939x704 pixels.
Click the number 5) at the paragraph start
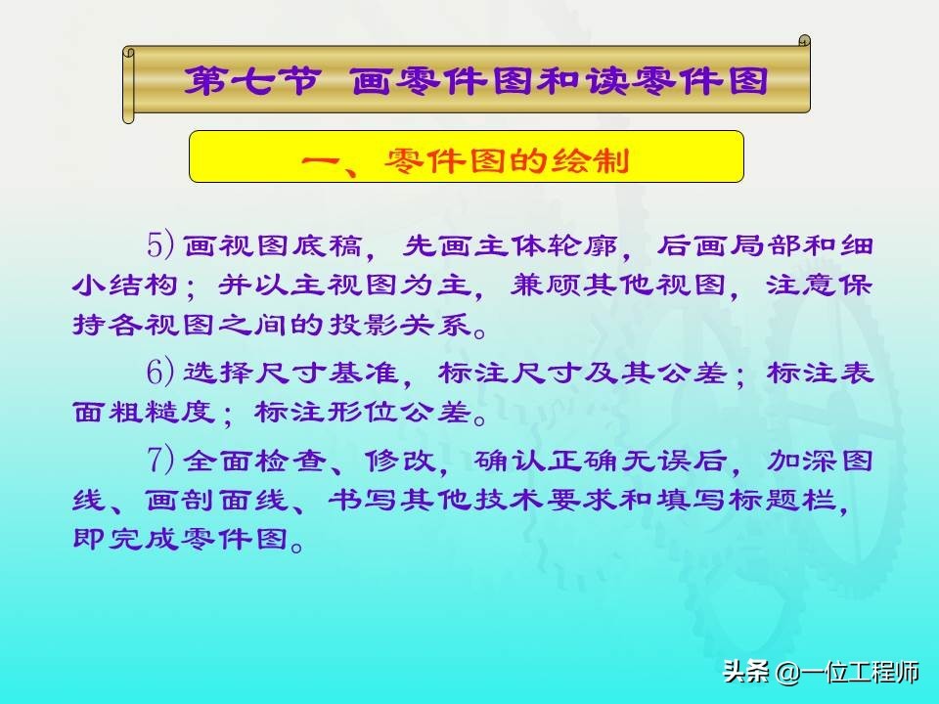coord(160,244)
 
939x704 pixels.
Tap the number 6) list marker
coord(160,372)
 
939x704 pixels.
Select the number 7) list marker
coord(160,460)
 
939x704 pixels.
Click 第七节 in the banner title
coord(250,81)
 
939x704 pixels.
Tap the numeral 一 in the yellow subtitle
coord(321,160)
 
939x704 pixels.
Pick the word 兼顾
coord(546,285)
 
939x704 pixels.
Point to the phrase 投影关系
coord(400,324)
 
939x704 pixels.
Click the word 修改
coord(399,461)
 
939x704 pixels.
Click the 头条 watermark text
coord(745,671)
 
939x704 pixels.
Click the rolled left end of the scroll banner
coord(129,85)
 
